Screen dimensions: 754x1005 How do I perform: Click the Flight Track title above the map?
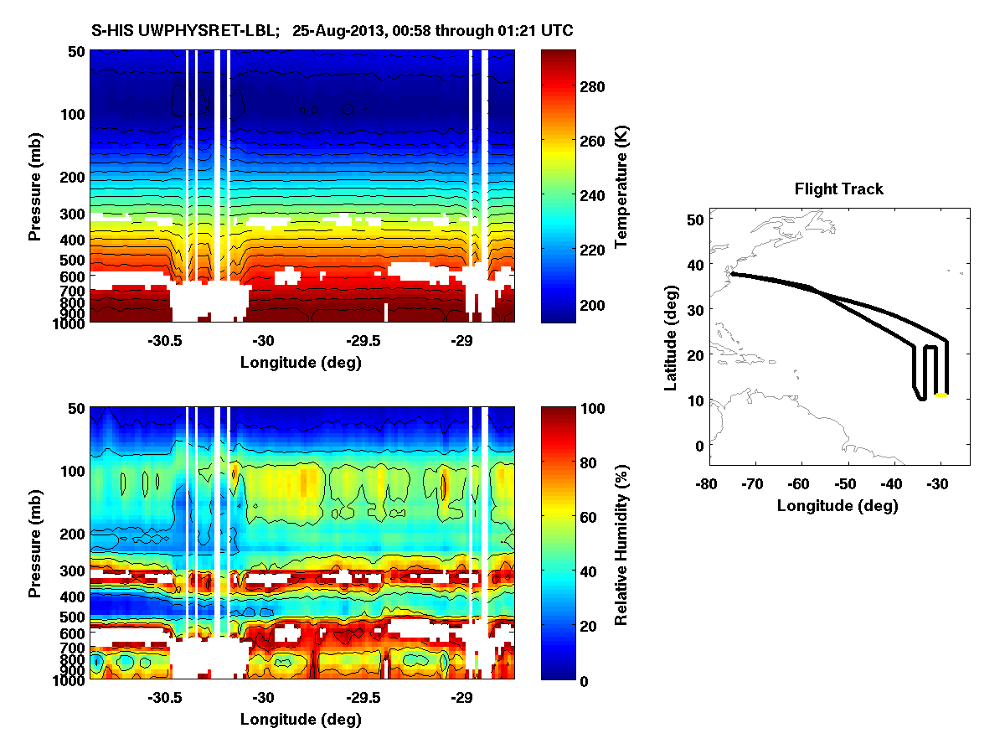pyautogui.click(x=838, y=189)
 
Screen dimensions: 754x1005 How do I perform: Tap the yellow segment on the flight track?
pyautogui.click(x=941, y=394)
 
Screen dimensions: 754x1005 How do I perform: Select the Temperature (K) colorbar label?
pyautogui.click(x=621, y=186)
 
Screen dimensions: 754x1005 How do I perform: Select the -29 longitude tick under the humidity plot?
pyautogui.click(x=461, y=698)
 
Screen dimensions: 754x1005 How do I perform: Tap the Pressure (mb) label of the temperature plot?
pyautogui.click(x=35, y=186)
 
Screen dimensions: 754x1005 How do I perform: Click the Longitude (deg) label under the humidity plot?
pyautogui.click(x=301, y=720)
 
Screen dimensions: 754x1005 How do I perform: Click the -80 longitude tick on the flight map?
pyautogui.click(x=707, y=484)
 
